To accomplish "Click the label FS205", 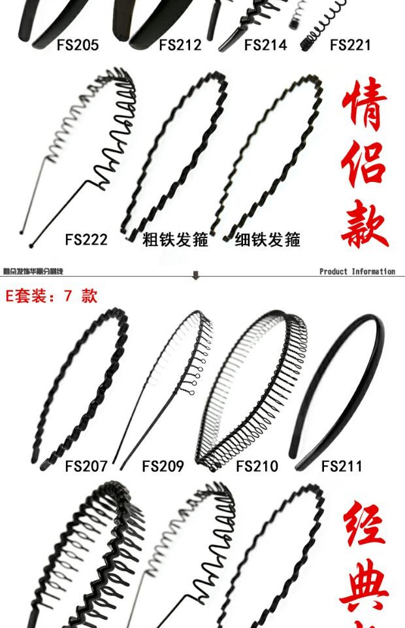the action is [78, 45].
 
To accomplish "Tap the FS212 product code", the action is [180, 45].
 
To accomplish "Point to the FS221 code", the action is [350, 45].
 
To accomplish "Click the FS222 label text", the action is [86, 239].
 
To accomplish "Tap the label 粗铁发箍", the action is [175, 239].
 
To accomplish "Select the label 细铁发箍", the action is [267, 239].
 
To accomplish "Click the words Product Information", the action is [357, 271].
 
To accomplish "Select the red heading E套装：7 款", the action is [51, 296].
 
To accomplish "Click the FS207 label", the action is [86, 466].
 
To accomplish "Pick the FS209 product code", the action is [163, 466].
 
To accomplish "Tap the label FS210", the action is [257, 466].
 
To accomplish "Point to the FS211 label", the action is [342, 466].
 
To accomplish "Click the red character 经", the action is [364, 523].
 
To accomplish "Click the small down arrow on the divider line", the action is [195, 275].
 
